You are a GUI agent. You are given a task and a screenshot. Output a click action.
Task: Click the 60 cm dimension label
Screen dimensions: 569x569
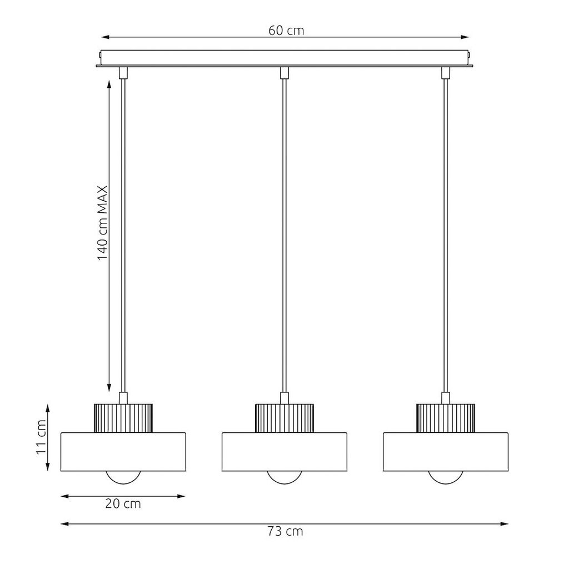pyautogui.click(x=286, y=31)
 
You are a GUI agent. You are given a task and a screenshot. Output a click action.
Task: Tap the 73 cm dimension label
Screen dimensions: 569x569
pyautogui.click(x=285, y=532)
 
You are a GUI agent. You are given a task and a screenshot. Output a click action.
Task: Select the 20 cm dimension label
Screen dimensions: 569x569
pyautogui.click(x=123, y=503)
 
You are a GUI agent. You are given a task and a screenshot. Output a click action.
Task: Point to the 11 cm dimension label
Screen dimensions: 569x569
pyautogui.click(x=41, y=437)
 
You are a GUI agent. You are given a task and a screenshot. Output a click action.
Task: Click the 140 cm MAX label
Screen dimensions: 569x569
pyautogui.click(x=103, y=223)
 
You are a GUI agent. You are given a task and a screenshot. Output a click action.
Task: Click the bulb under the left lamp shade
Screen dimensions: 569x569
pyautogui.click(x=123, y=477)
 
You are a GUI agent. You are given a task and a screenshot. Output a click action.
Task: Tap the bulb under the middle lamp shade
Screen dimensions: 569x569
pyautogui.click(x=284, y=477)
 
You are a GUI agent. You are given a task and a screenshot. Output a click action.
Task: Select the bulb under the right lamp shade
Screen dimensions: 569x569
pyautogui.click(x=446, y=477)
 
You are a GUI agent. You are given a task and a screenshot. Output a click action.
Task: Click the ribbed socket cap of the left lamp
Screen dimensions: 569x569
pyautogui.click(x=123, y=418)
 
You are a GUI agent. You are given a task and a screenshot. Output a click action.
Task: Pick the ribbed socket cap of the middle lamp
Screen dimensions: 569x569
pyautogui.click(x=284, y=418)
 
